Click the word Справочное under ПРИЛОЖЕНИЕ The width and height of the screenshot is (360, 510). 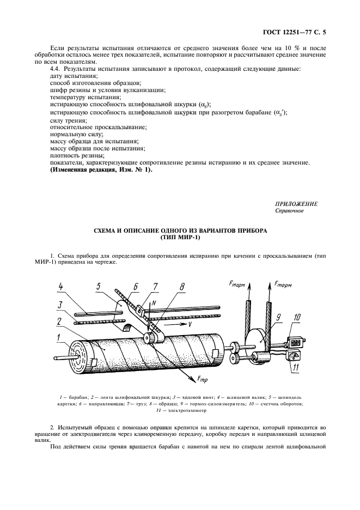click(x=289, y=210)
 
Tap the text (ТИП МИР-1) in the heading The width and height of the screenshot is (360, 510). click(x=180, y=238)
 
